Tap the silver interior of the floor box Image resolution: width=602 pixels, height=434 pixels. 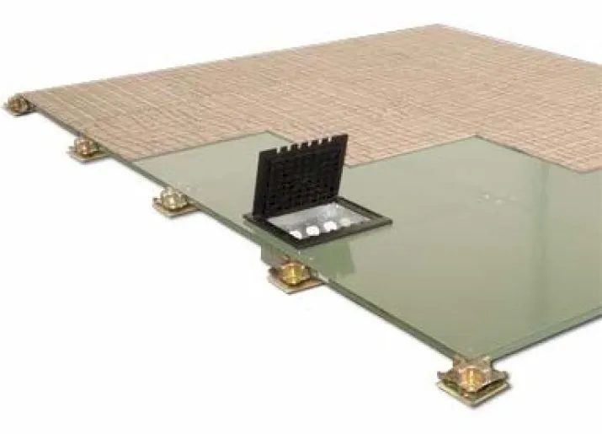[x=316, y=228]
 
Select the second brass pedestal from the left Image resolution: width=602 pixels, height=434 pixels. [x=86, y=149]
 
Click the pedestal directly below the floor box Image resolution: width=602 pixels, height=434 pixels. [x=293, y=275]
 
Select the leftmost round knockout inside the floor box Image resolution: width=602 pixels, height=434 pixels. [x=296, y=230]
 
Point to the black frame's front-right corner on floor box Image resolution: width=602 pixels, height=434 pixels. [x=389, y=221]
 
